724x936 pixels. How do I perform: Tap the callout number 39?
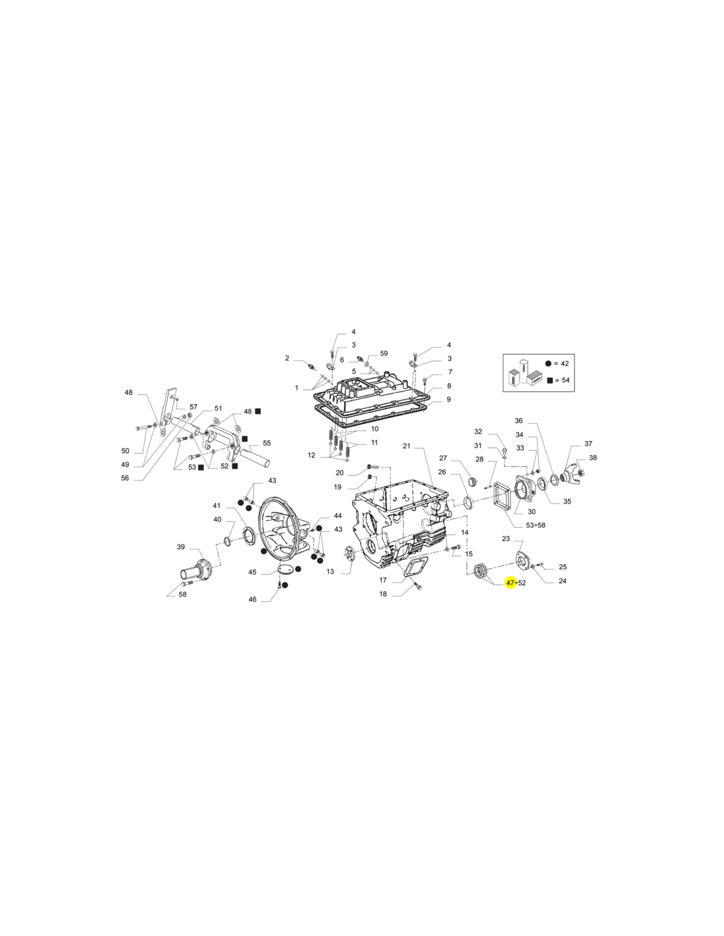pyautogui.click(x=181, y=546)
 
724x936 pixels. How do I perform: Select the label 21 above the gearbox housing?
pyautogui.click(x=407, y=446)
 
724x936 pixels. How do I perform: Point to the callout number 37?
pyautogui.click(x=588, y=443)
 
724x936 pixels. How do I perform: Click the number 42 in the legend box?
pyautogui.click(x=565, y=363)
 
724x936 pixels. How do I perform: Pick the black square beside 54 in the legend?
pyautogui.click(x=550, y=380)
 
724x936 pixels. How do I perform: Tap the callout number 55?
pyautogui.click(x=267, y=443)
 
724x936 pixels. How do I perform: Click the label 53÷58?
pyautogui.click(x=535, y=525)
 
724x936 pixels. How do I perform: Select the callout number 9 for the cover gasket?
pyautogui.click(x=449, y=400)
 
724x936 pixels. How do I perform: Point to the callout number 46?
pyautogui.click(x=252, y=599)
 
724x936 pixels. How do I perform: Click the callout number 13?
pyautogui.click(x=330, y=571)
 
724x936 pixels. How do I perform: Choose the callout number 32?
pyautogui.click(x=478, y=431)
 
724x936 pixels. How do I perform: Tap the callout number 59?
pyautogui.click(x=384, y=353)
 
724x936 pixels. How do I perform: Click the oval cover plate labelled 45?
pyautogui.click(x=285, y=569)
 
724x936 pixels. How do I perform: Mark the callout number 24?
pyautogui.click(x=563, y=581)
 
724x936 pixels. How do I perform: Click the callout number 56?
pyautogui.click(x=125, y=478)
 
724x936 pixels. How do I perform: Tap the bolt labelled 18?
pyautogui.click(x=418, y=586)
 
